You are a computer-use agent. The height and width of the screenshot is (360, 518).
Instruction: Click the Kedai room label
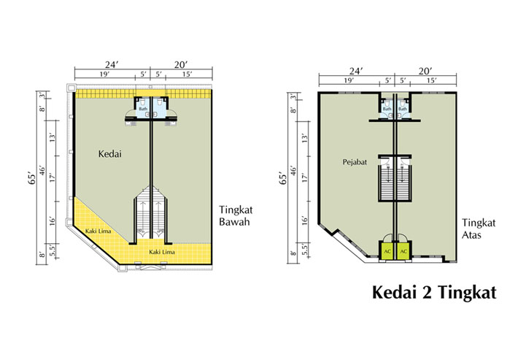[110, 154]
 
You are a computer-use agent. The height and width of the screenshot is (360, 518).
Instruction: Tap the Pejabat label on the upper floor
[355, 162]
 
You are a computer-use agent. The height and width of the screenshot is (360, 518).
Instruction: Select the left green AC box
[387, 252]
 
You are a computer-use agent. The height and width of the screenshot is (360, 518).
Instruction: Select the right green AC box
[403, 252]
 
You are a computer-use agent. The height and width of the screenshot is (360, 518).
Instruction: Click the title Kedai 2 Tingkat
[434, 292]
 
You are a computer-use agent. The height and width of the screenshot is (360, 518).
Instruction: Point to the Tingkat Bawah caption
[236, 215]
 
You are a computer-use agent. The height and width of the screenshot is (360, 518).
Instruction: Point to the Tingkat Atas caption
[479, 229]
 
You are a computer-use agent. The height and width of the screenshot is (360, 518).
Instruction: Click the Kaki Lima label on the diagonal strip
[98, 231]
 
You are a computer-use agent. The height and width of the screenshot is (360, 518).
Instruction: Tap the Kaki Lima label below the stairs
[162, 252]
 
